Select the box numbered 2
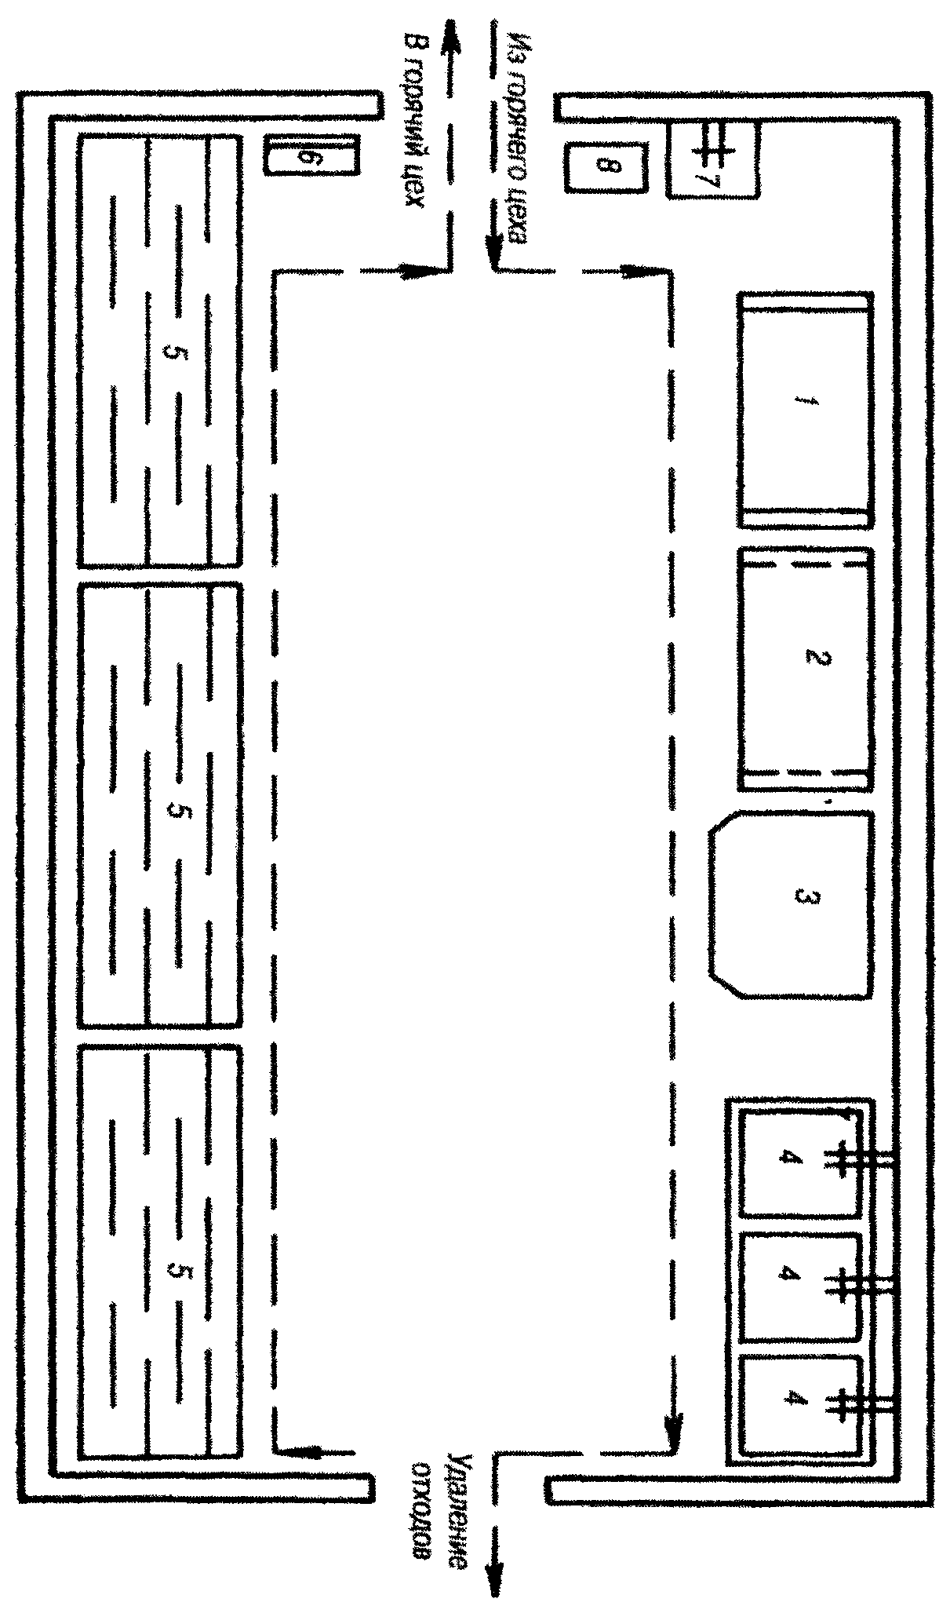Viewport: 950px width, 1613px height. [805, 669]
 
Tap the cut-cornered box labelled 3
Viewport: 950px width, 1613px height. [791, 904]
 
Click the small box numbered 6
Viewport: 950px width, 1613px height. [311, 155]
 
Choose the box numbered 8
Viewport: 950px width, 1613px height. [605, 166]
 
